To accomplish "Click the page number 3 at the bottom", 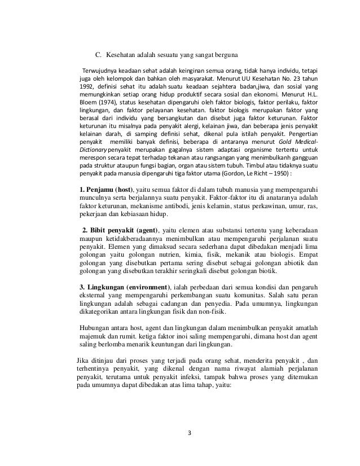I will [x=190, y=433].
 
